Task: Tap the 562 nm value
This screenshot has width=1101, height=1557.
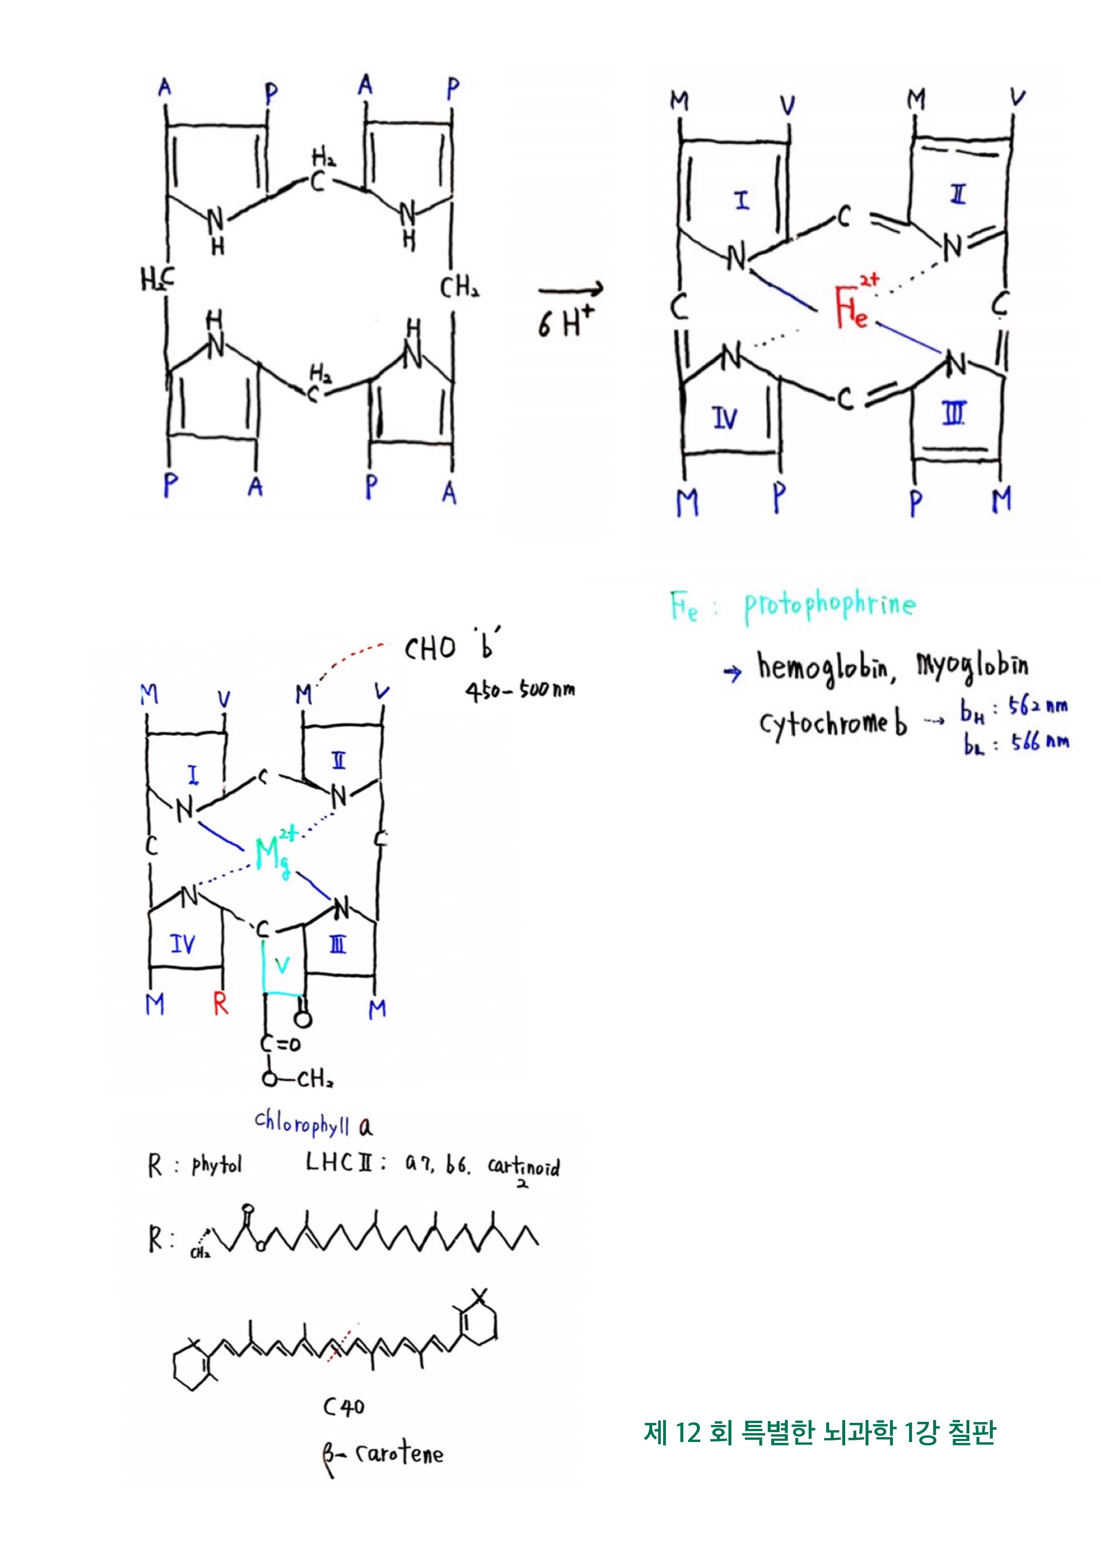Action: point(1037,707)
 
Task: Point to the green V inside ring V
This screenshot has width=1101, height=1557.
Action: point(283,966)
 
